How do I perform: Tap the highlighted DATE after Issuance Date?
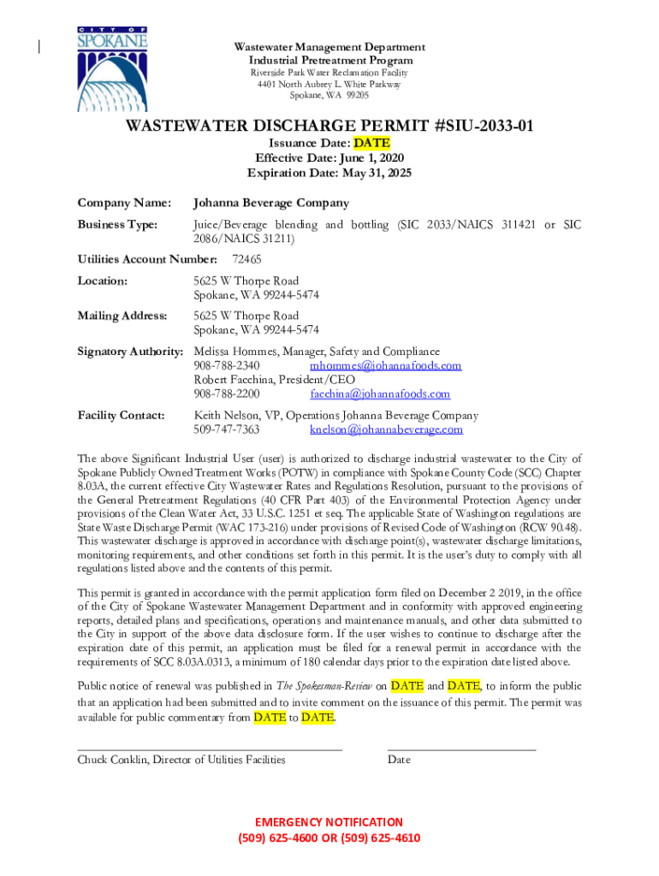click(x=371, y=143)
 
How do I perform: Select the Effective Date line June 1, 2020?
click(x=329, y=158)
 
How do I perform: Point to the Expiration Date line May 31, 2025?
click(x=329, y=173)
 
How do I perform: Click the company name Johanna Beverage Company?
click(x=270, y=203)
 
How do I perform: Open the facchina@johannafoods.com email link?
click(x=380, y=394)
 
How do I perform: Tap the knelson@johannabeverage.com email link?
click(x=386, y=429)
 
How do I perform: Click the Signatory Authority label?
click(x=130, y=352)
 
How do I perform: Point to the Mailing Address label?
click(x=122, y=316)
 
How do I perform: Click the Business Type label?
click(x=117, y=224)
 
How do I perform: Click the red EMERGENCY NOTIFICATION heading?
click(x=329, y=822)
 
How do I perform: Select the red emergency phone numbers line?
click(x=329, y=838)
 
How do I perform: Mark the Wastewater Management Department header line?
click(x=329, y=47)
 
